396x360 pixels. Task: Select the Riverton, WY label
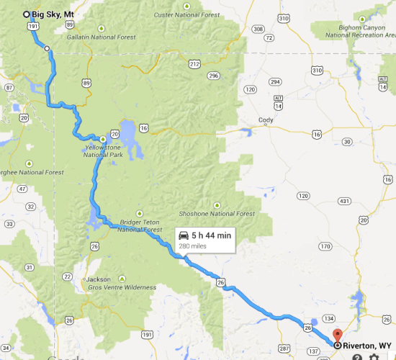(x=367, y=346)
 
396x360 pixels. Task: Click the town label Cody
(x=266, y=120)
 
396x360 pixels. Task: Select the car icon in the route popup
(x=184, y=235)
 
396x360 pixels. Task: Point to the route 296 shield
(x=213, y=75)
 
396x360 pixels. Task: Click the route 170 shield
(x=325, y=246)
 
